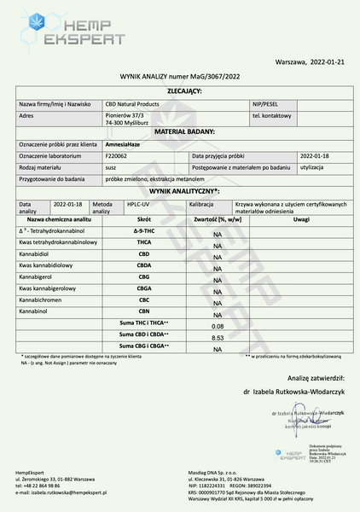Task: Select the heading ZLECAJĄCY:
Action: (x=184, y=90)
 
